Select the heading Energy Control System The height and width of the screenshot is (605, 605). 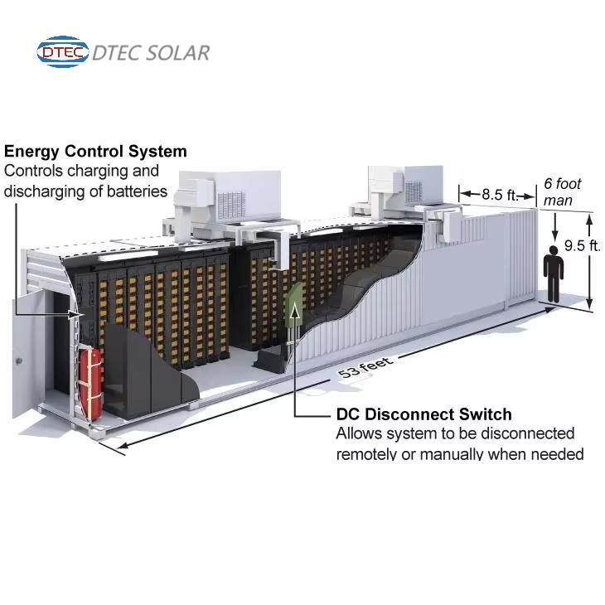click(95, 152)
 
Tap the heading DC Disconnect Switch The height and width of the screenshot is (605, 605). click(423, 414)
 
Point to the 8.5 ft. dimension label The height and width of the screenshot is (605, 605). click(499, 195)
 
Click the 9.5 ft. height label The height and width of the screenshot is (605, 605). click(582, 245)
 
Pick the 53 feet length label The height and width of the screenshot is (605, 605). click(365, 368)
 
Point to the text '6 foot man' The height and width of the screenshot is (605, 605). click(562, 191)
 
